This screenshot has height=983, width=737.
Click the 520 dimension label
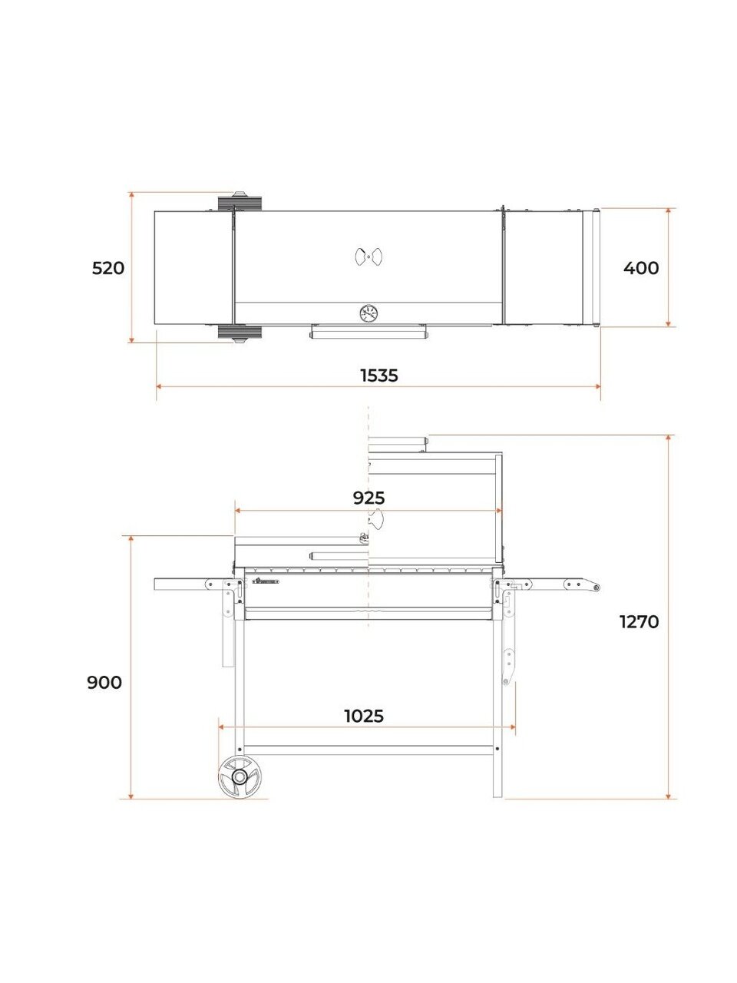107,269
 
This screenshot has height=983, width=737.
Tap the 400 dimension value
641,268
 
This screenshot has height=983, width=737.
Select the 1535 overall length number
379,376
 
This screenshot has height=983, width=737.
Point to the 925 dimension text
368,498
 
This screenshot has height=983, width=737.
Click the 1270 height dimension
639,622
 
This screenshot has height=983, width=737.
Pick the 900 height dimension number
104,683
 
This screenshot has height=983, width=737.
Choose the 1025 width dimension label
364,716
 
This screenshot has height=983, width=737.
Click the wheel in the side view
240,776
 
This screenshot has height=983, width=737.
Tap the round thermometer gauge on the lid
368,313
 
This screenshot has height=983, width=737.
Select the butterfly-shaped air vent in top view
368,257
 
